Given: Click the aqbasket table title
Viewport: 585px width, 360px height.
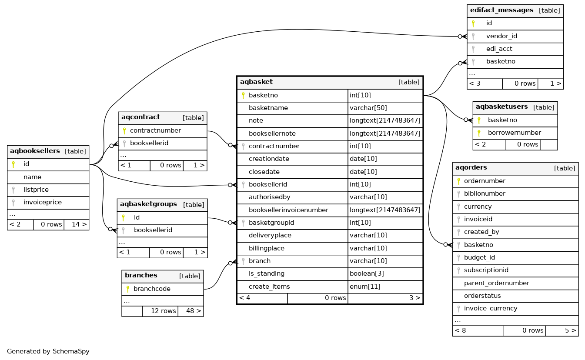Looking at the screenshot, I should pos(256,82).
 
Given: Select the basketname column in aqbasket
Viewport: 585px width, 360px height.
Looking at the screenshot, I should pos(268,108).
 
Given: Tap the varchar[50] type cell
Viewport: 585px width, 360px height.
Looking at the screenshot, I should pos(368,108).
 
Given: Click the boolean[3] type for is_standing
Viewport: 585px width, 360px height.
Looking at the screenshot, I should pos(367,273).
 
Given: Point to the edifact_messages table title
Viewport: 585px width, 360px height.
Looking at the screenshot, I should pos(501,10).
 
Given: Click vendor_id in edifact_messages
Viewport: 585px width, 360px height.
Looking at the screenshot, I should pos(501,36).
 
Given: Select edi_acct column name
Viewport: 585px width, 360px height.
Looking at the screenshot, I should pos(499,49).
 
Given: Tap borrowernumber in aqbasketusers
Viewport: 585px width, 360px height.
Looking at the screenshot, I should pos(514,133).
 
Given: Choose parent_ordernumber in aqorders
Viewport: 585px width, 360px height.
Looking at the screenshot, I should pos(496,283).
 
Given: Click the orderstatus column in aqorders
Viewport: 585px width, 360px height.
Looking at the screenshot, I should pos(482,296).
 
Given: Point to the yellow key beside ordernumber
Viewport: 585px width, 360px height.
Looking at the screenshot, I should pos(458,181).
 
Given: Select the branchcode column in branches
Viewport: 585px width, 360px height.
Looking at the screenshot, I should pos(152,289).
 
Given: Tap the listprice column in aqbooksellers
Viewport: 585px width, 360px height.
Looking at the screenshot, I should pos(36,190).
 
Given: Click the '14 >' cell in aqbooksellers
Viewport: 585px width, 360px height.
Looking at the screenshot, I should pos(76,224).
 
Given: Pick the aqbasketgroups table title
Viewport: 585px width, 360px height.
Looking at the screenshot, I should pos(148,204).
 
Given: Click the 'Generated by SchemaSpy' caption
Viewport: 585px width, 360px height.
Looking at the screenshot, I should pos(48,351).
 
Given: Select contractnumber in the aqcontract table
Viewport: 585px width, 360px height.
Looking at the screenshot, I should pos(155,130).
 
